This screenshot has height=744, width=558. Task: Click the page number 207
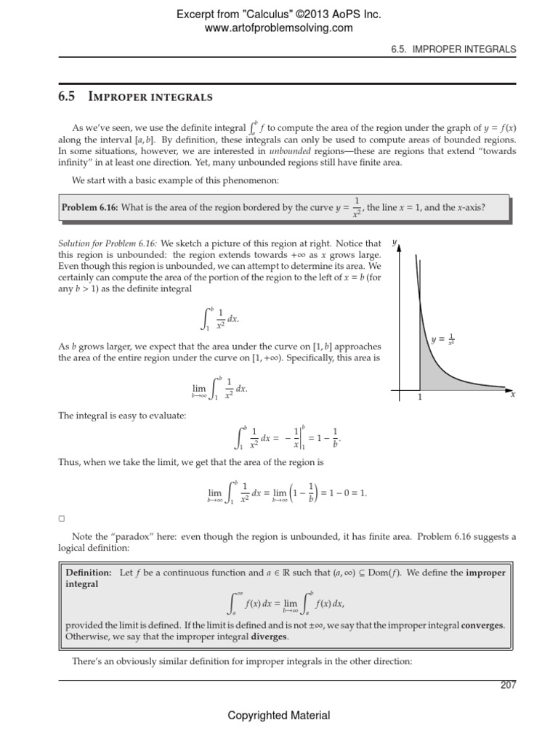coord(507,687)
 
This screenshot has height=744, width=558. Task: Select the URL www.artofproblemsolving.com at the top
coord(279,28)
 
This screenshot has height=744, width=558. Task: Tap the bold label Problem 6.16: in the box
coord(89,208)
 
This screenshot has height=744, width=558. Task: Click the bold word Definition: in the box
coord(89,573)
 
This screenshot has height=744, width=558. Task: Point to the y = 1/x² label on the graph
coord(442,339)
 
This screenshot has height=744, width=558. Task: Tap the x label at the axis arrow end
coord(513,395)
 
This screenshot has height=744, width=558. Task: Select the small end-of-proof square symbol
coord(62,519)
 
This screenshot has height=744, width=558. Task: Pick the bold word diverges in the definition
coord(269,637)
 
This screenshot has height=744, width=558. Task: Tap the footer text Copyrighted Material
coord(279,716)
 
